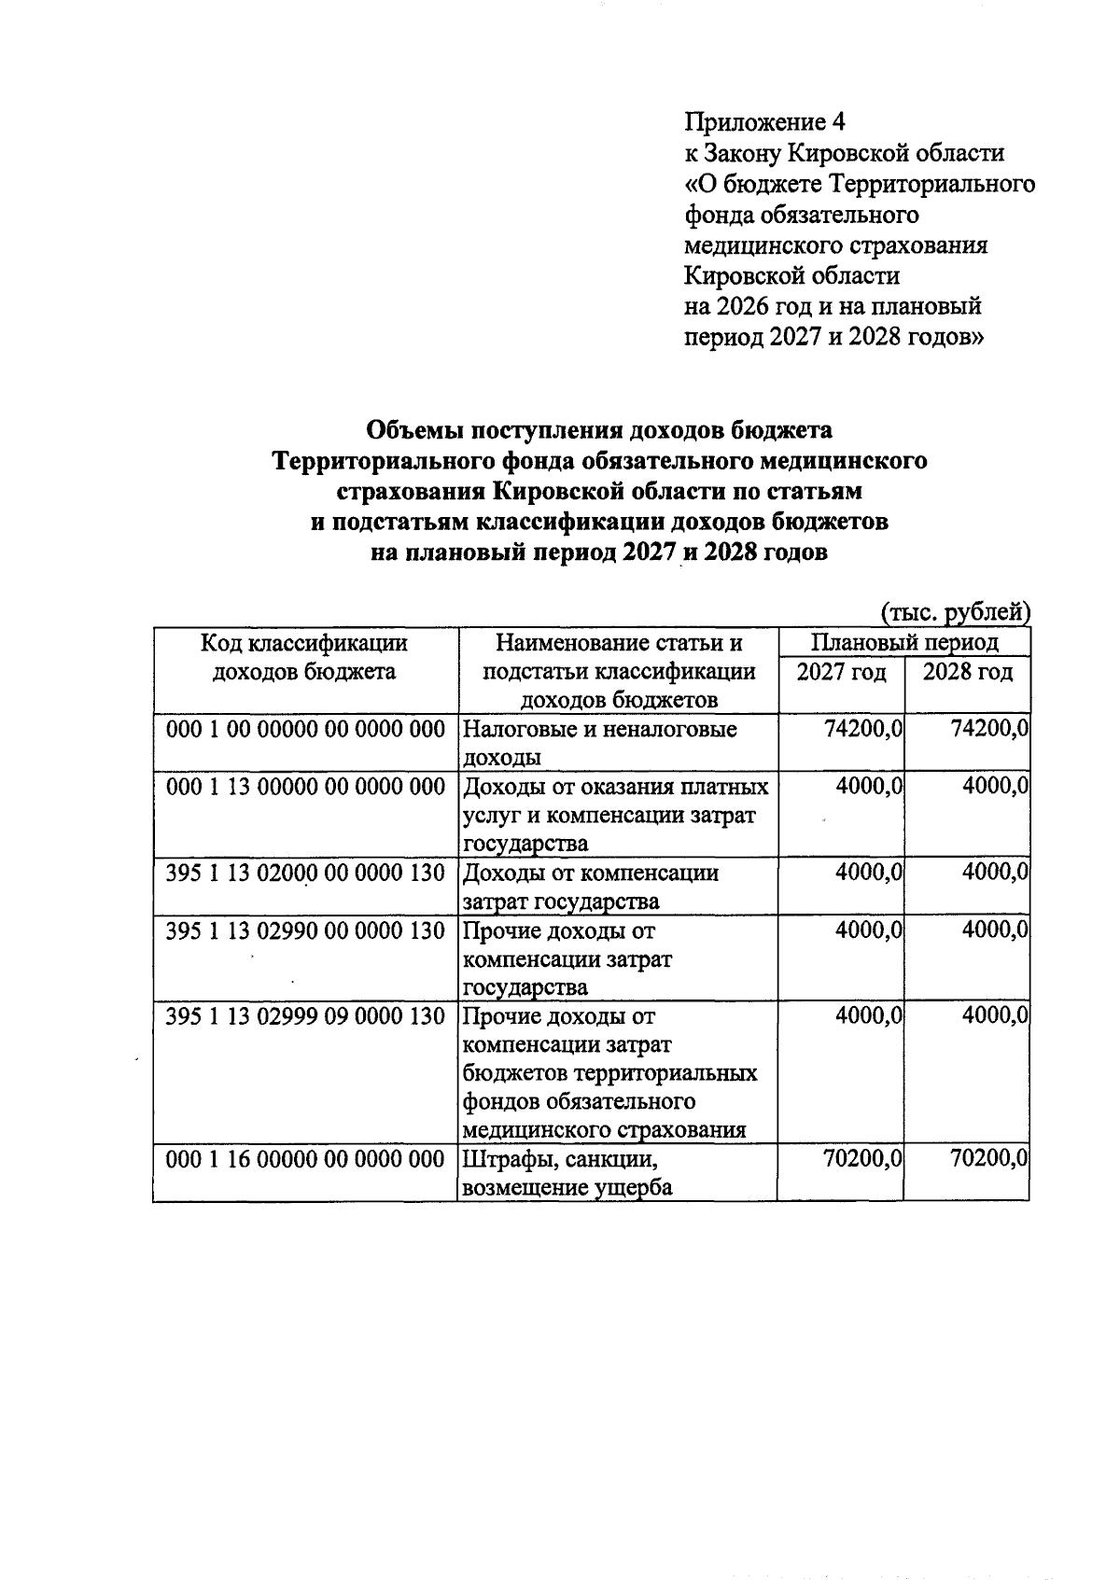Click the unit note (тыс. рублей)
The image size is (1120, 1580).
click(x=955, y=612)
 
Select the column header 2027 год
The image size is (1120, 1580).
click(x=842, y=672)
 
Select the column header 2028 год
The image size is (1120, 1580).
click(x=968, y=672)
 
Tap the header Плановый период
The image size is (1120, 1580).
click(x=904, y=642)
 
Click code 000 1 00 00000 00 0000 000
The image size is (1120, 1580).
click(x=305, y=730)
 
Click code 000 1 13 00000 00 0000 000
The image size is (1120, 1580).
click(x=305, y=788)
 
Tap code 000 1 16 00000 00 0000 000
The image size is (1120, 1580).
click(x=305, y=1160)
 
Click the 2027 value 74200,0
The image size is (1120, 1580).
click(x=863, y=730)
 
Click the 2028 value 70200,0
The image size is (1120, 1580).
click(x=989, y=1160)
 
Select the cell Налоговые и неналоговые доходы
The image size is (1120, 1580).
click(x=599, y=743)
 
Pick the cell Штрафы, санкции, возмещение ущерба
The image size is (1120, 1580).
click(x=567, y=1173)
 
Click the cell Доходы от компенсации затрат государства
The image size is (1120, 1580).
click(x=590, y=887)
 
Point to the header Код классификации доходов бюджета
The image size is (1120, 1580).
click(x=305, y=657)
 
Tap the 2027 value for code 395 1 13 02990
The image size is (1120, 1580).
click(x=869, y=931)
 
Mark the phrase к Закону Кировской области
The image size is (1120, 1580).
click(x=845, y=153)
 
